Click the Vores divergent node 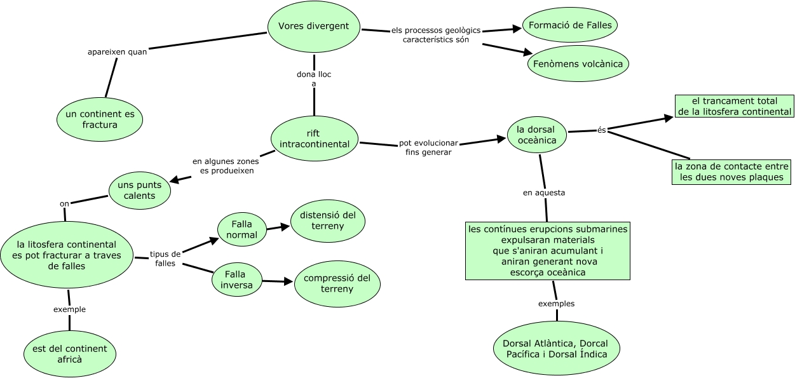314,27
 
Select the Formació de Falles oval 570,25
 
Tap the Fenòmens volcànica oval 578,64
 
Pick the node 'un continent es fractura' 100,119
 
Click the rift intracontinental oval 315,138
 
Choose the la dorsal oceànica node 537,135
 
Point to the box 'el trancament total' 734,106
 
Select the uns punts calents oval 140,190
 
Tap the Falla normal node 241,229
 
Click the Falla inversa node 236,280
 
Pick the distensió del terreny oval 328,220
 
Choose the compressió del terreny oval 337,283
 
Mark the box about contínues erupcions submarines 548,250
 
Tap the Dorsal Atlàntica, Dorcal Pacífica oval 557,349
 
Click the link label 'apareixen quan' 117,52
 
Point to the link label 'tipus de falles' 165,259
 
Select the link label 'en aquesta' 544,192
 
